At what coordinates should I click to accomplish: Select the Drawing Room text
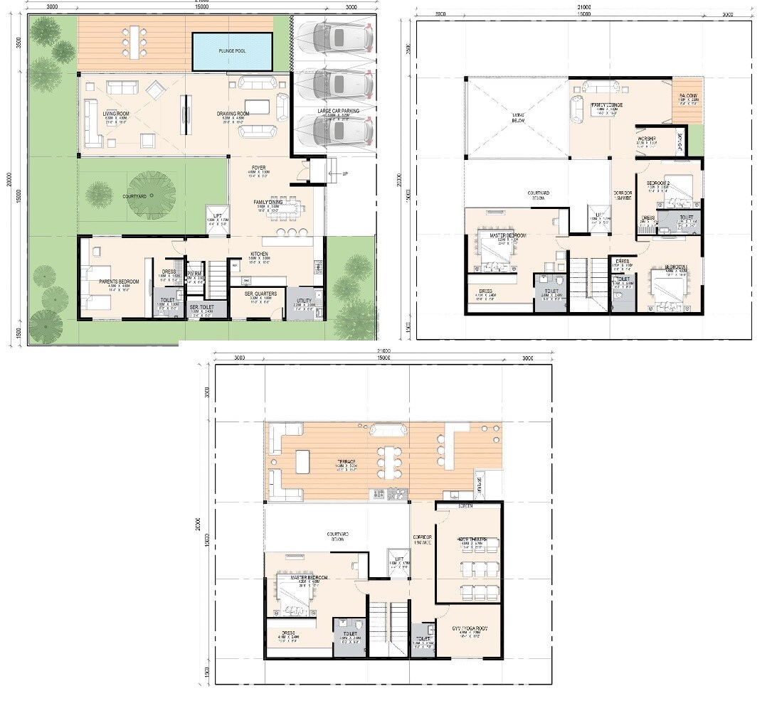point(233,114)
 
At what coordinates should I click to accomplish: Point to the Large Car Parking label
point(339,111)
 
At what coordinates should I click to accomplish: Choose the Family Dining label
point(268,203)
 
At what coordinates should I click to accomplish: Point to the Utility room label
point(304,301)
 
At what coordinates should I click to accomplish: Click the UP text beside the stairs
point(346,173)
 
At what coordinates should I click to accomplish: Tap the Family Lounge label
point(606,105)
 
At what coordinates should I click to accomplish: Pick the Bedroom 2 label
point(657,183)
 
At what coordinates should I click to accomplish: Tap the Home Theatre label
point(472,540)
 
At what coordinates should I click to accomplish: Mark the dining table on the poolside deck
point(134,41)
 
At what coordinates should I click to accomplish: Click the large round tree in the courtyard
point(152,195)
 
